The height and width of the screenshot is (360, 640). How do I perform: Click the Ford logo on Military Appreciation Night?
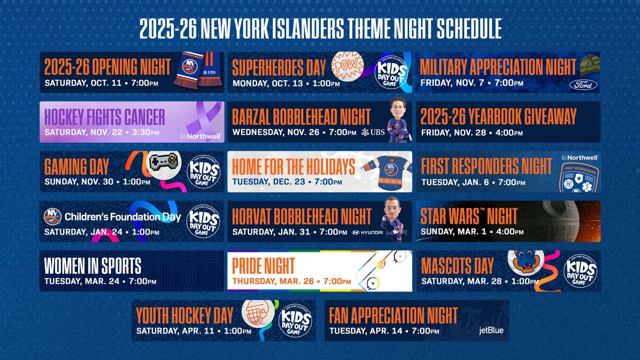coord(583,85)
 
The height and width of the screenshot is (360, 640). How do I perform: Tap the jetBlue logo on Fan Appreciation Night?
coord(491,330)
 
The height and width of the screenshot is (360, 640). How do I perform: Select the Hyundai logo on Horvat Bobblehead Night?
coord(368,232)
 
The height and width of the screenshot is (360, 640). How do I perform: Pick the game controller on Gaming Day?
coord(164,162)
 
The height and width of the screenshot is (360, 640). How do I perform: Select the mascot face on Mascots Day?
coord(525,262)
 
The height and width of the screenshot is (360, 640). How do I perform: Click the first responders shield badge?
coord(579,178)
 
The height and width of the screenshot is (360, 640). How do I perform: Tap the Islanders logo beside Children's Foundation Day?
coord(53,217)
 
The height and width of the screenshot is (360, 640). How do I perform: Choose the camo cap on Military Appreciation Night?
coord(589,63)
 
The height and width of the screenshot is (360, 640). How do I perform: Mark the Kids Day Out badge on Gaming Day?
coord(203,172)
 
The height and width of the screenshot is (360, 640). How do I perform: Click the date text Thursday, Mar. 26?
coord(274,281)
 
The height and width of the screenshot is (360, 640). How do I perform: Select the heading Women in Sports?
coord(93,266)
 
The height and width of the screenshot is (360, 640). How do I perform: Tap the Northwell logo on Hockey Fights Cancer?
coord(201,136)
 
